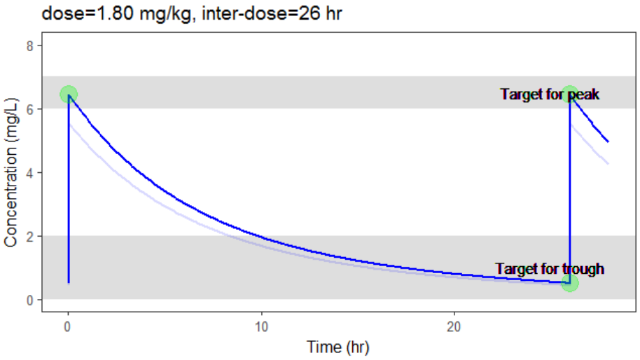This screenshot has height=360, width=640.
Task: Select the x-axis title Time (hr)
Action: click(x=338, y=347)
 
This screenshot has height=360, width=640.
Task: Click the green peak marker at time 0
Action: click(x=68, y=95)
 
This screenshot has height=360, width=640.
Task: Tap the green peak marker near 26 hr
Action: click(x=570, y=94)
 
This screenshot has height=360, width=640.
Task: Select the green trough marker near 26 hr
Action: click(x=570, y=283)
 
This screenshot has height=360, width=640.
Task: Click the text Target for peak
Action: click(x=550, y=94)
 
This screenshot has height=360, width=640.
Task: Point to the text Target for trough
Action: click(x=550, y=268)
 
